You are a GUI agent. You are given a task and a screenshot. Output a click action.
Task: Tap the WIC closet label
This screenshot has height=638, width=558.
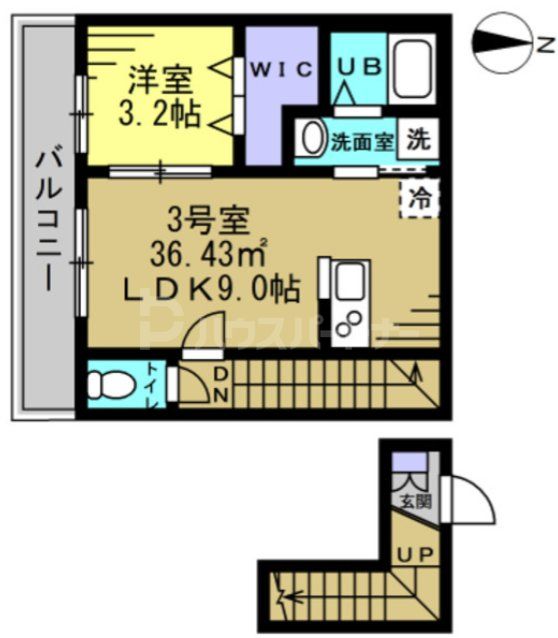(281, 68)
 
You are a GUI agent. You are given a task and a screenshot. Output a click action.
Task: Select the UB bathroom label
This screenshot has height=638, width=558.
(358, 66)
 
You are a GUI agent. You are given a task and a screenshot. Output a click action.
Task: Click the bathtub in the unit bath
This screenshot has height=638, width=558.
(411, 68)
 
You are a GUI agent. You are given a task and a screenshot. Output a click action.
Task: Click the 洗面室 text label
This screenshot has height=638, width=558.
(362, 141)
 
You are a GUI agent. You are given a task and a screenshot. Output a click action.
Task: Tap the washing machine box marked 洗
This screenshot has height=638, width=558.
(420, 141)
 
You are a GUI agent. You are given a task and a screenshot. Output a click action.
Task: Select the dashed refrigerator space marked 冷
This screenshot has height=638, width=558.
(419, 196)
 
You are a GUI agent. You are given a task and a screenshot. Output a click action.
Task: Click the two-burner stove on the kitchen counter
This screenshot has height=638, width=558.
(351, 319)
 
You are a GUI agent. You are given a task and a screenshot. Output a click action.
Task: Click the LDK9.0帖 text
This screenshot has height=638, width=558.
(209, 289)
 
